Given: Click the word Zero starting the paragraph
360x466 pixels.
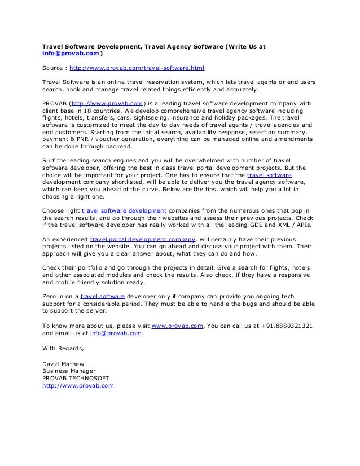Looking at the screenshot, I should click(51, 296).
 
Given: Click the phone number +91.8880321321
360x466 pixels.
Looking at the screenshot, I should click(288, 326).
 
